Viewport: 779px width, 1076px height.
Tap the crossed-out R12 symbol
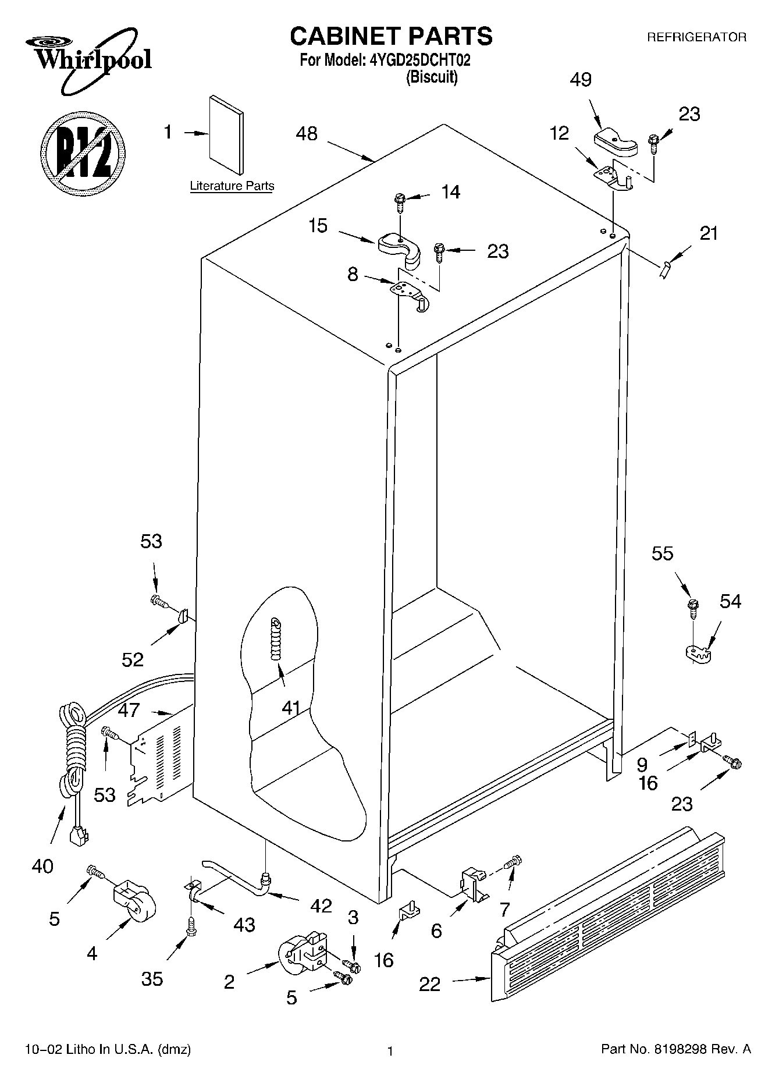tap(82, 152)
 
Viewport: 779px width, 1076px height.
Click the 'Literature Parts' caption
tap(232, 186)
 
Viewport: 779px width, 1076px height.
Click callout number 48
tap(307, 134)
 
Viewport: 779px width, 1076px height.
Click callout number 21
tap(709, 234)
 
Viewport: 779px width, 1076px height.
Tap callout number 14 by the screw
tap(451, 192)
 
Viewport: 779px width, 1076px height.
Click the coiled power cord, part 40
tap(74, 757)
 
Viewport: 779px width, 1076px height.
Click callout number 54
tap(730, 601)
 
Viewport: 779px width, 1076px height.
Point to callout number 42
tap(321, 905)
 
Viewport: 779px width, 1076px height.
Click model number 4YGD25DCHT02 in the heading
tap(419, 60)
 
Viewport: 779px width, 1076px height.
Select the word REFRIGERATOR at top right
tap(696, 37)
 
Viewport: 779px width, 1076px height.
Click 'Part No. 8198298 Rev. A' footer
tap(675, 1050)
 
